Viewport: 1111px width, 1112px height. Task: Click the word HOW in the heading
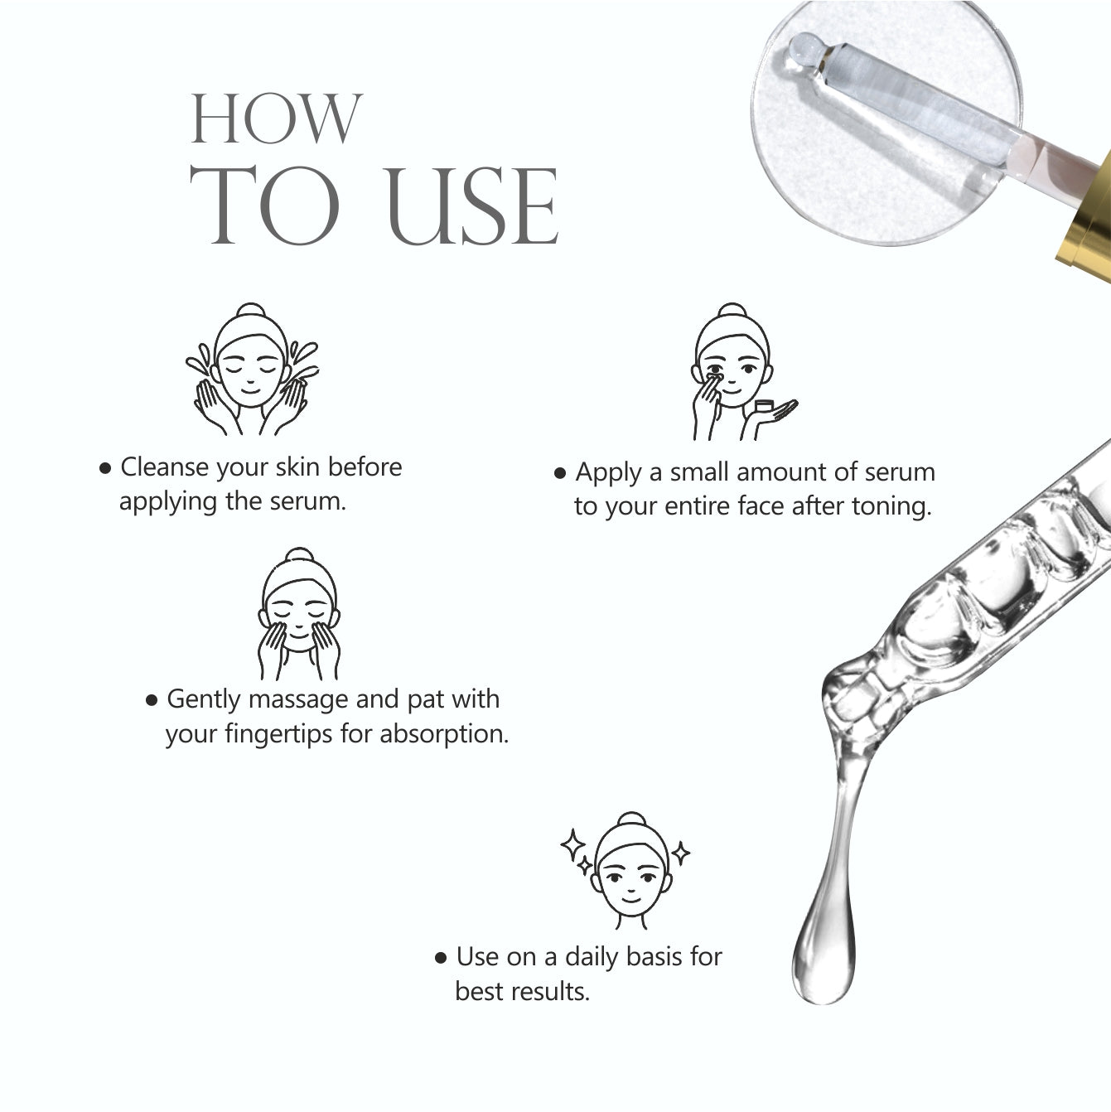(x=277, y=118)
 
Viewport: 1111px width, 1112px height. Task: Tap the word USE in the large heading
(x=473, y=207)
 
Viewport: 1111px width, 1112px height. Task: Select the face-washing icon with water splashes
(x=252, y=370)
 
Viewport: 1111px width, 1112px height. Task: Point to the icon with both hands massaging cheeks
(x=297, y=614)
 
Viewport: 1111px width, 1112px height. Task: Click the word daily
(x=592, y=958)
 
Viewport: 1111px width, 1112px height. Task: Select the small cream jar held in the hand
(x=764, y=405)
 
